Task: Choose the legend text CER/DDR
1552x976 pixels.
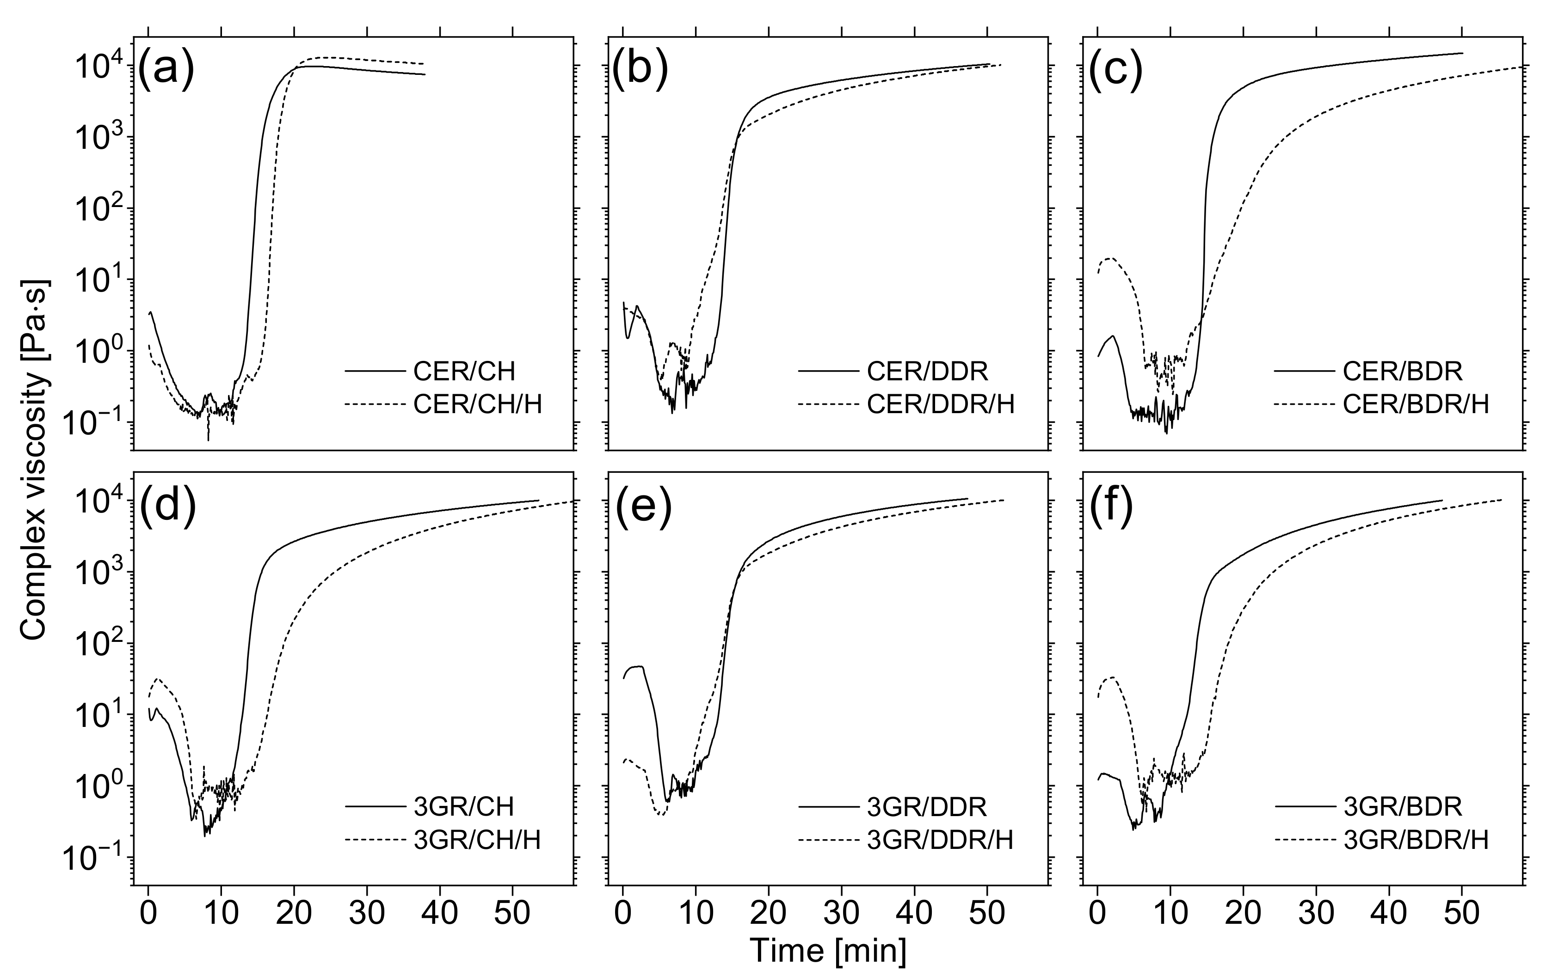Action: click(927, 371)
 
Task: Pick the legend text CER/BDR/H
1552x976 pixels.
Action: click(1416, 404)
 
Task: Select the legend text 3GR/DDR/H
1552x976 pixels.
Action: click(940, 840)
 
